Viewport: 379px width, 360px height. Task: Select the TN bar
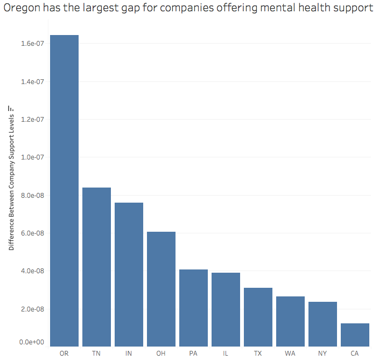click(96, 267)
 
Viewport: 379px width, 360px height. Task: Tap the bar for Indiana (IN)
click(129, 274)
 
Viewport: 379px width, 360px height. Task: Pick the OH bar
click(161, 289)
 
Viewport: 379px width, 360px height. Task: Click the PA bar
click(193, 308)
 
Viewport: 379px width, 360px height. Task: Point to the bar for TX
click(258, 317)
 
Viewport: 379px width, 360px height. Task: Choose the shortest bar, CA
click(355, 335)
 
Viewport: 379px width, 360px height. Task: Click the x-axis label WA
click(290, 354)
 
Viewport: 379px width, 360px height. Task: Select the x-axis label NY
click(322, 354)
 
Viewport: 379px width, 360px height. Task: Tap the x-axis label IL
click(226, 354)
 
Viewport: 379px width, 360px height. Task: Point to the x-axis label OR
click(64, 354)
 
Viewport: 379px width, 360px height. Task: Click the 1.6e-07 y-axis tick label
click(32, 43)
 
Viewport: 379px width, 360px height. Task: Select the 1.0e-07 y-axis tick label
click(32, 157)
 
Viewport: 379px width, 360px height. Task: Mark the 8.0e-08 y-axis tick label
click(32, 195)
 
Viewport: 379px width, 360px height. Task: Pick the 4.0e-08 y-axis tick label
click(32, 271)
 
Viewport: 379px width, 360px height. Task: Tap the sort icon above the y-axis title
click(11, 108)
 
